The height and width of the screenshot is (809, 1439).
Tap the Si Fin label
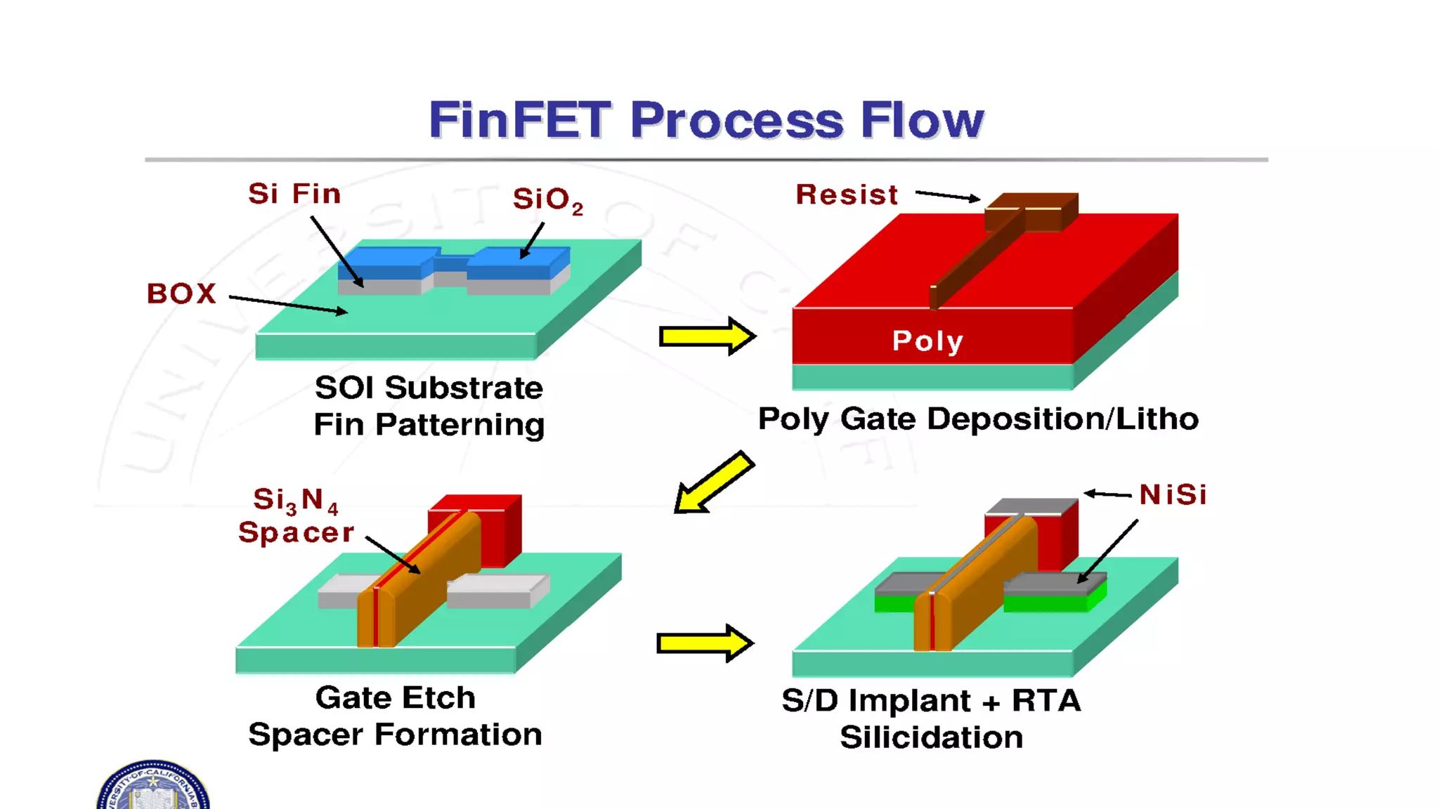(x=294, y=194)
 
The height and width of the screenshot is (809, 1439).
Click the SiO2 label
(x=547, y=199)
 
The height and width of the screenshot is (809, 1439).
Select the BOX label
(x=181, y=294)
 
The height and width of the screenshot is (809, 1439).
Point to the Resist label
(x=847, y=195)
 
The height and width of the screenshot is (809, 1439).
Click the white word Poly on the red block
(x=927, y=341)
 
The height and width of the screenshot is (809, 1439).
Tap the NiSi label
(x=1172, y=494)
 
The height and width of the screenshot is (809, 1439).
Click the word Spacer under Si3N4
(x=296, y=532)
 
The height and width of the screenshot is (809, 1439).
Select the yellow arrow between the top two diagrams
(x=706, y=336)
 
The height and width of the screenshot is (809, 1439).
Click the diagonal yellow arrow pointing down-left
(x=712, y=483)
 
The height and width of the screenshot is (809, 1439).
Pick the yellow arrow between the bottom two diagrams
(x=705, y=643)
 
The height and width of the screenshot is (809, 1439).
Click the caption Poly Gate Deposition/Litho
(x=978, y=419)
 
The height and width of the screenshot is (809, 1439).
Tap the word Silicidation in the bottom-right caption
(x=931, y=737)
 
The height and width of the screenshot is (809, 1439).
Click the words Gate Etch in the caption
(x=395, y=698)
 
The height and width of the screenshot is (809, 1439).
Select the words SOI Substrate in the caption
(x=429, y=388)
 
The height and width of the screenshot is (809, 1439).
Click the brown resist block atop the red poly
(x=1030, y=211)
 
